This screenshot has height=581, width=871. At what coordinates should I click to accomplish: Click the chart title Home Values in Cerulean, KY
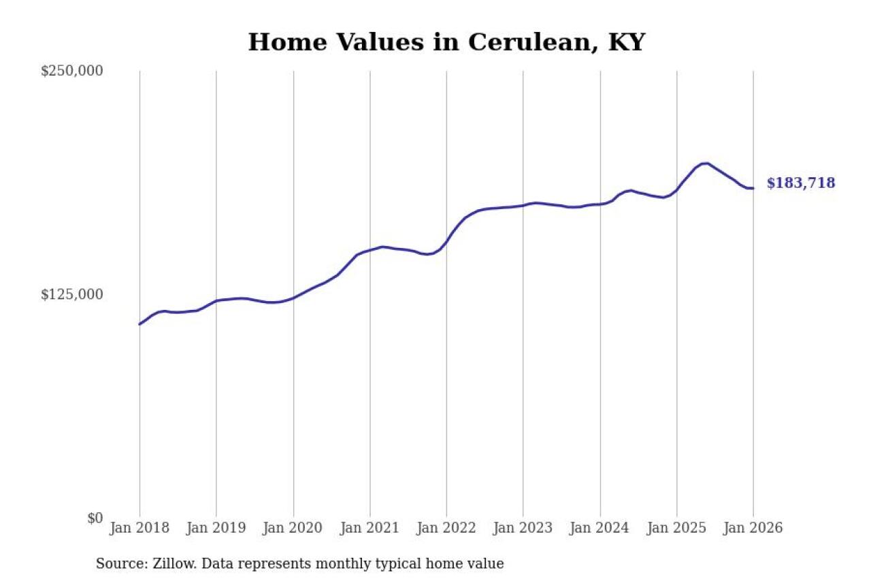pos(446,42)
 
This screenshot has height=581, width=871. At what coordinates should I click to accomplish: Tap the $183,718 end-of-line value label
pos(800,183)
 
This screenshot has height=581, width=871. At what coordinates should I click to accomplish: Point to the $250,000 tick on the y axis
pos(71,71)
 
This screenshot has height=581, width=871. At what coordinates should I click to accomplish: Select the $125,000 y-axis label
pos(71,294)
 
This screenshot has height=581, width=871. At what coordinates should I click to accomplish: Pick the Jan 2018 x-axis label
pos(139,529)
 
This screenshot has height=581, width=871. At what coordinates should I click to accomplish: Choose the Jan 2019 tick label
pos(216,529)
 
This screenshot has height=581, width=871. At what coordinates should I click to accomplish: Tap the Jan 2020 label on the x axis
pos(293,529)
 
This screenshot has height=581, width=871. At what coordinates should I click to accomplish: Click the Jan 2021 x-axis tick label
pos(370,529)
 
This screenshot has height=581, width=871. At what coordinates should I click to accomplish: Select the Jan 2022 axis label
pos(446,529)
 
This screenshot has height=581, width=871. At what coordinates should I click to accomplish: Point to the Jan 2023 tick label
pos(523,529)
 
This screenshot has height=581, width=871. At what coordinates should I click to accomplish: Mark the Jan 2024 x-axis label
pos(600,529)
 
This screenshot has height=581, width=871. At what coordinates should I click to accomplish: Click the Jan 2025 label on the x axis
pos(676,529)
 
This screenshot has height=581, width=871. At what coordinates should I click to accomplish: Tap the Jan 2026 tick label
pos(753,529)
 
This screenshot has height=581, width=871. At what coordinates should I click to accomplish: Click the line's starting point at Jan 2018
pos(139,324)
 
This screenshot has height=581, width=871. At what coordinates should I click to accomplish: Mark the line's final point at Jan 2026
pos(753,188)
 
